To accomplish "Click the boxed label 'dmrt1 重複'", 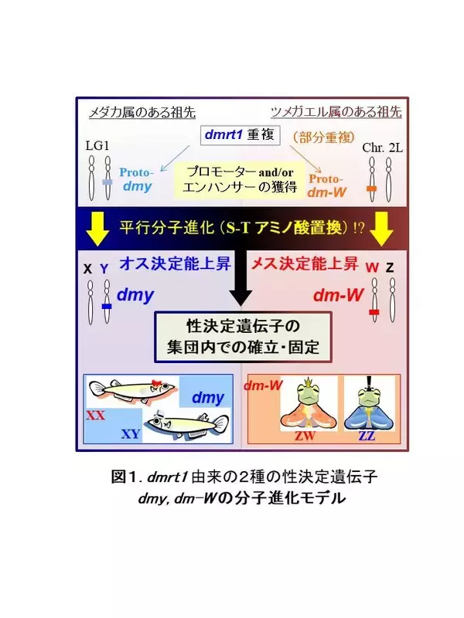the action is point(241,135).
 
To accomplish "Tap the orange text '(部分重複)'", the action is point(324,138).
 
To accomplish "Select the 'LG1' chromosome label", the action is point(97,146).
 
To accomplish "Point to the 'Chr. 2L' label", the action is point(382,148).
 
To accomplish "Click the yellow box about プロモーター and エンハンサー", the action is point(241,179).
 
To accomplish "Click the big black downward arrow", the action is point(241,277).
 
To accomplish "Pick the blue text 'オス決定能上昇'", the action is point(176,263).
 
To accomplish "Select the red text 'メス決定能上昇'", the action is point(305,263).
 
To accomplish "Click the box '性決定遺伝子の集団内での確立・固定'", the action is point(243,337).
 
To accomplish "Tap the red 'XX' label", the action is point(95,415).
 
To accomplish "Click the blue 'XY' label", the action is point(131,433).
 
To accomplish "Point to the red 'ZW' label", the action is point(305,436).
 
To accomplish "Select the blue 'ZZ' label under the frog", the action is point(367,436).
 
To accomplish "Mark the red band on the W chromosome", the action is point(374,312).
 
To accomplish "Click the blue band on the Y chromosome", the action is point(107,306).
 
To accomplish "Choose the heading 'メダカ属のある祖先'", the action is point(142,112).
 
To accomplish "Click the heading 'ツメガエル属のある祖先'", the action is point(336,112).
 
